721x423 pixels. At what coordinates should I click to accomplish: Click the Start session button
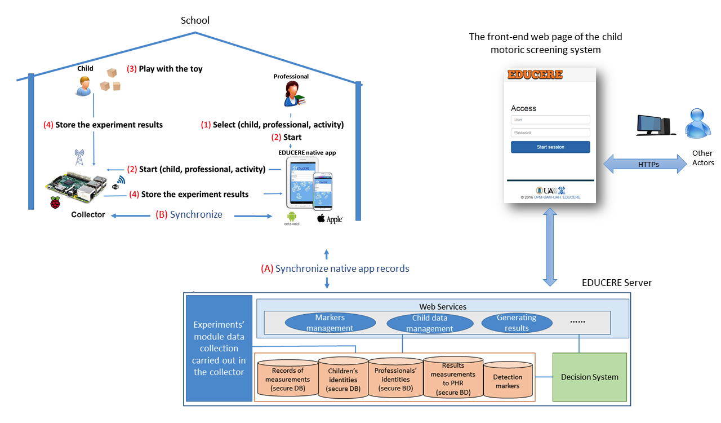tap(550, 147)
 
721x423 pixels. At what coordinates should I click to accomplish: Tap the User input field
tap(550, 120)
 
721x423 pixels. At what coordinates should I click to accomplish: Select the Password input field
tap(550, 133)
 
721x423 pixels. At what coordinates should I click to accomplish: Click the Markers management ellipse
tap(330, 323)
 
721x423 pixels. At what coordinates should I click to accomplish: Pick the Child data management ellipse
tap(429, 323)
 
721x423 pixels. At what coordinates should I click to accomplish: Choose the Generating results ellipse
tap(517, 323)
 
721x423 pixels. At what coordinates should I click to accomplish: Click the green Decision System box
tap(590, 377)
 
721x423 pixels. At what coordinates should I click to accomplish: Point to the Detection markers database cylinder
tap(508, 381)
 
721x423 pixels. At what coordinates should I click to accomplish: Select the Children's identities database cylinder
tap(343, 378)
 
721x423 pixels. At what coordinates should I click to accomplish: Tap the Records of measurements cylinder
tap(288, 380)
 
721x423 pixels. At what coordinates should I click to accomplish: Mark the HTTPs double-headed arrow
tap(642, 165)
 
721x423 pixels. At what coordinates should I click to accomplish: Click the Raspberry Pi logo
tap(55, 204)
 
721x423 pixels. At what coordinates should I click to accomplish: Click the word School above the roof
tap(195, 20)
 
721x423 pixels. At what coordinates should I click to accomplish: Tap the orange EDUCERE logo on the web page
tap(535, 74)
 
